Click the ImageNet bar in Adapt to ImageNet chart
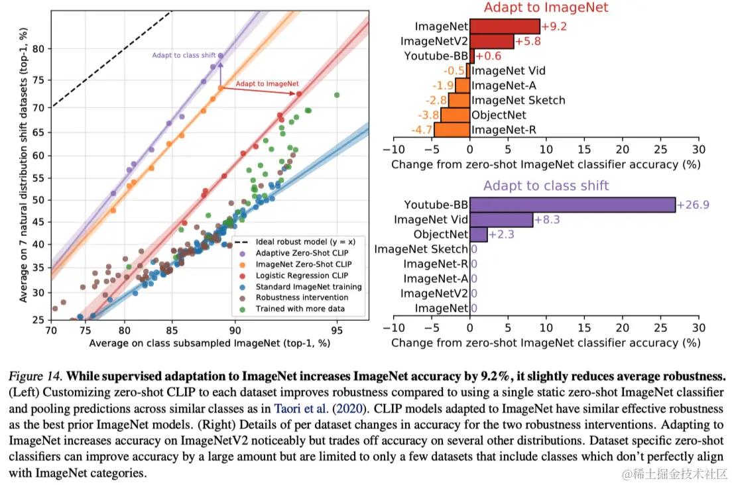pos(505,27)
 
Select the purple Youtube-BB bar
pos(572,205)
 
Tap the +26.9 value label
pos(693,205)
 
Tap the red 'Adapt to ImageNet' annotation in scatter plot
pos(267,84)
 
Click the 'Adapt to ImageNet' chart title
pos(546,8)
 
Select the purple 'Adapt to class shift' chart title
pos(546,186)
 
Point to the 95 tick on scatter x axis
pos(337,329)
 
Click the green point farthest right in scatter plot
pos(337,95)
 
